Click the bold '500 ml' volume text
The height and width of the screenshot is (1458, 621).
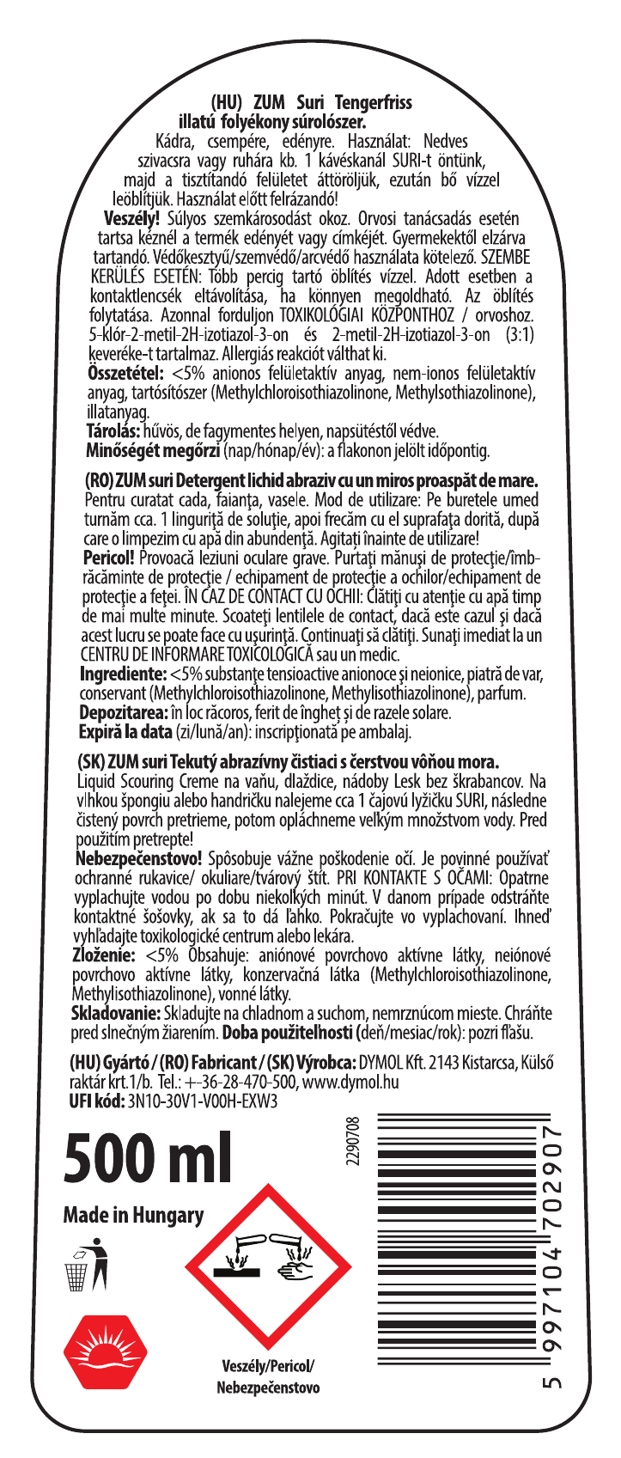tap(148, 1159)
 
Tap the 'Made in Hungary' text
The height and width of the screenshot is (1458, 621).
tap(134, 1215)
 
